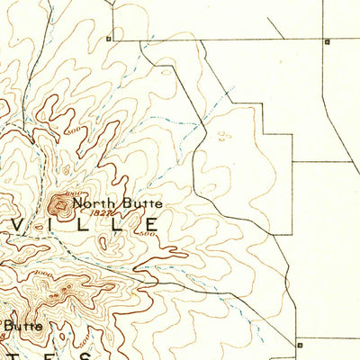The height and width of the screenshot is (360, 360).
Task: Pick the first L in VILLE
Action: (x=82, y=224)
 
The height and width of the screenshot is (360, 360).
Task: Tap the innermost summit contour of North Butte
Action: (x=63, y=206)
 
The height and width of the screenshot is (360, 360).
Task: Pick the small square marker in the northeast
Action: (x=328, y=41)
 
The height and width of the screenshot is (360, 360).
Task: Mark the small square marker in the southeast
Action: (x=298, y=343)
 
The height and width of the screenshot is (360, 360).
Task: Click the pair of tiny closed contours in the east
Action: (x=223, y=137)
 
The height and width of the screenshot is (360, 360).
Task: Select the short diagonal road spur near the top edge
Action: (x=275, y=30)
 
